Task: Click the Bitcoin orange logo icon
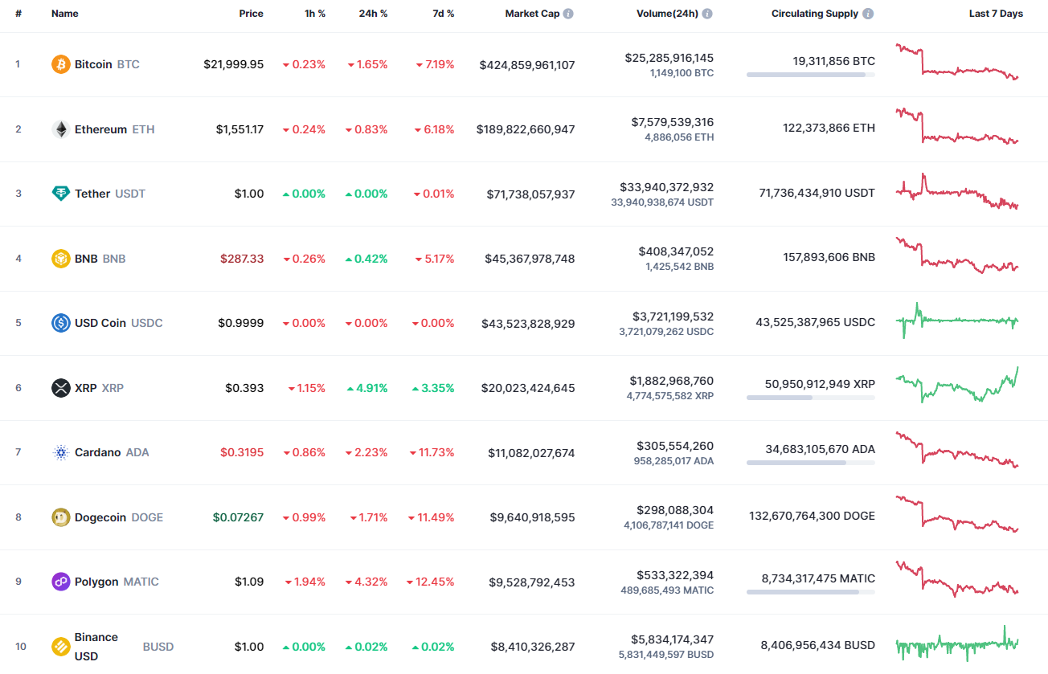pyautogui.click(x=61, y=64)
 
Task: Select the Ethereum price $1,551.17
pyautogui.click(x=239, y=129)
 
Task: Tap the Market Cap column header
pyautogui.click(x=532, y=14)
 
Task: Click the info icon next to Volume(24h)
pyautogui.click(x=706, y=14)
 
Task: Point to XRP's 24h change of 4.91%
pyautogui.click(x=367, y=388)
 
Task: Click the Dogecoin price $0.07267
pyautogui.click(x=238, y=517)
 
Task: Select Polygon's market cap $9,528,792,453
pyautogui.click(x=531, y=582)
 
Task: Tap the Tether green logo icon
pyautogui.click(x=61, y=194)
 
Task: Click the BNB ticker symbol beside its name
pyautogui.click(x=114, y=259)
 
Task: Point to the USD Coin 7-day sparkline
pyautogui.click(x=956, y=321)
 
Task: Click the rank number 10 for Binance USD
pyautogui.click(x=21, y=647)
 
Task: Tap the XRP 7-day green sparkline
pyautogui.click(x=956, y=386)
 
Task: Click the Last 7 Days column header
pyautogui.click(x=996, y=14)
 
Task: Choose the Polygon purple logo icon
pyautogui.click(x=61, y=582)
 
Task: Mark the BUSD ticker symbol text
pyautogui.click(x=158, y=647)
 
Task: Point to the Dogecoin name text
pyautogui.click(x=100, y=517)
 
